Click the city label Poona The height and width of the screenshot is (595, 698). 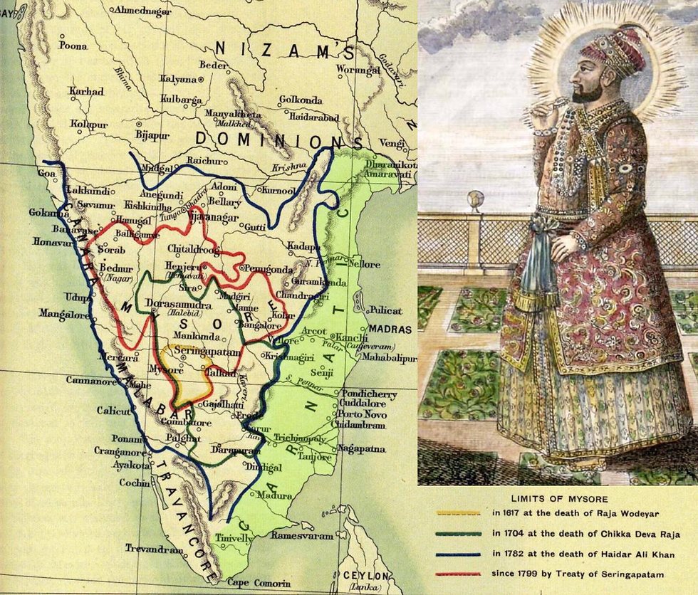tap(73, 46)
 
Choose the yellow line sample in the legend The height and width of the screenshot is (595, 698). tap(459, 512)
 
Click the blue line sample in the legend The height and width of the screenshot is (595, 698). tap(459, 553)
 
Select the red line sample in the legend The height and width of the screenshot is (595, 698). tap(459, 574)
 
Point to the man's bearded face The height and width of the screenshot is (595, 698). tap(586, 83)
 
